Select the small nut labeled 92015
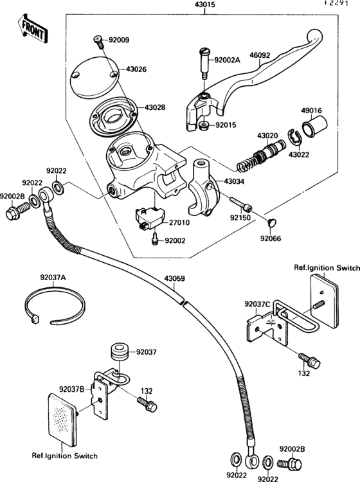(204, 124)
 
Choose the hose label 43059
(174, 278)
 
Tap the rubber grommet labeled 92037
(118, 352)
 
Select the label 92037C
(257, 303)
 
